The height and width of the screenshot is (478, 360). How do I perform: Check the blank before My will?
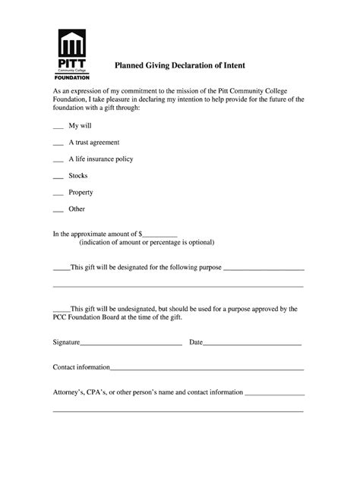[58, 125]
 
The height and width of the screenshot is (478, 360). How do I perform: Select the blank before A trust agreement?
[58, 143]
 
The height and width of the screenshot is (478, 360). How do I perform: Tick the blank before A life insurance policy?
[58, 160]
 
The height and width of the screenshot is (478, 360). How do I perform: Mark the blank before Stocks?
[58, 177]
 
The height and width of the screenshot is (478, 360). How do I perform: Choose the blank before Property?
[58, 193]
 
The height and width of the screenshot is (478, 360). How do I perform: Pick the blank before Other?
[58, 210]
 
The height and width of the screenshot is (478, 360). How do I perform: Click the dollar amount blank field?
[159, 234]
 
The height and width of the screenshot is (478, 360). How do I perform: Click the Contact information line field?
[207, 368]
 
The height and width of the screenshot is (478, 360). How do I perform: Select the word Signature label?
[66, 342]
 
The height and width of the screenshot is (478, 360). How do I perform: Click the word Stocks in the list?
[78, 175]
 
